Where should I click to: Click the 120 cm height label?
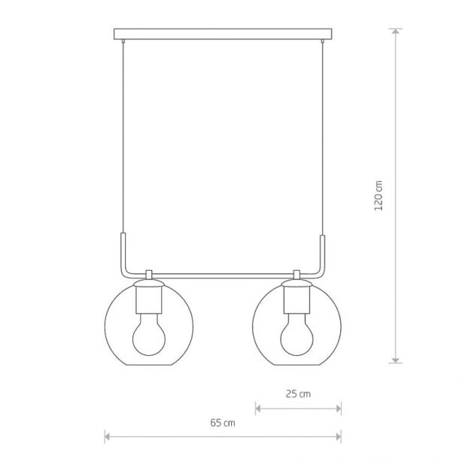378,196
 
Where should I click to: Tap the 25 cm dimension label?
298,394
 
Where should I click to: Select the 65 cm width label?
223,423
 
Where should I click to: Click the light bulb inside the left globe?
149,334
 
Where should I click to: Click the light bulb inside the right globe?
296,334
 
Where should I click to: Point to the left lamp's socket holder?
149,299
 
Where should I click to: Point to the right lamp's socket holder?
296,299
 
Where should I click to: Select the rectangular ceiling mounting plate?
223,34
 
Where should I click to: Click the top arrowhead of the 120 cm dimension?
396,32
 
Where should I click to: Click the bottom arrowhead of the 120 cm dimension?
396,360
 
